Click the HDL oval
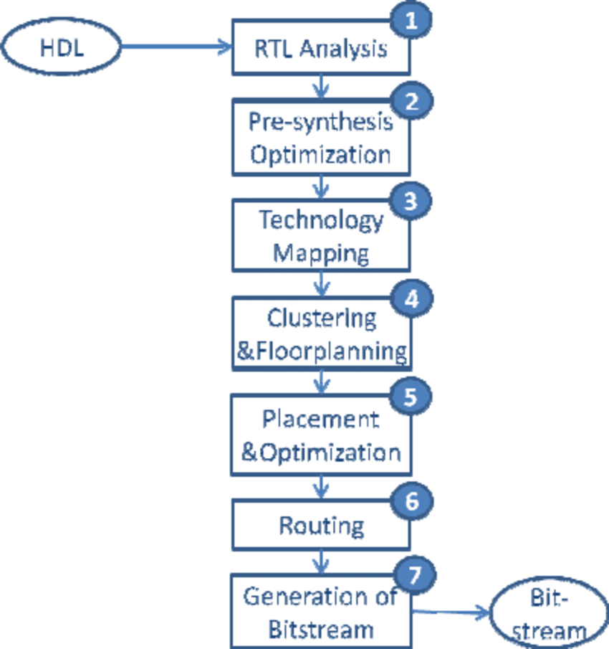[60, 48]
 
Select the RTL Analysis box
[321, 49]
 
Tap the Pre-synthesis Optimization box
[321, 138]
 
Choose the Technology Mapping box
[321, 236]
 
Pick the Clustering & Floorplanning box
[321, 334]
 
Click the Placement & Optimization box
[321, 435]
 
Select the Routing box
[321, 526]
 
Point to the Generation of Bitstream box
[321, 612]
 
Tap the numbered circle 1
[411, 19]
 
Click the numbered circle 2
[411, 101]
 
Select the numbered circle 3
[411, 200]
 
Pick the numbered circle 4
[411, 298]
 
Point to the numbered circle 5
[411, 397]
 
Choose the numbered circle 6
[411, 500]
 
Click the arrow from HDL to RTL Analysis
[176, 48]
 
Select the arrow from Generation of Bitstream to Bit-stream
[451, 613]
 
